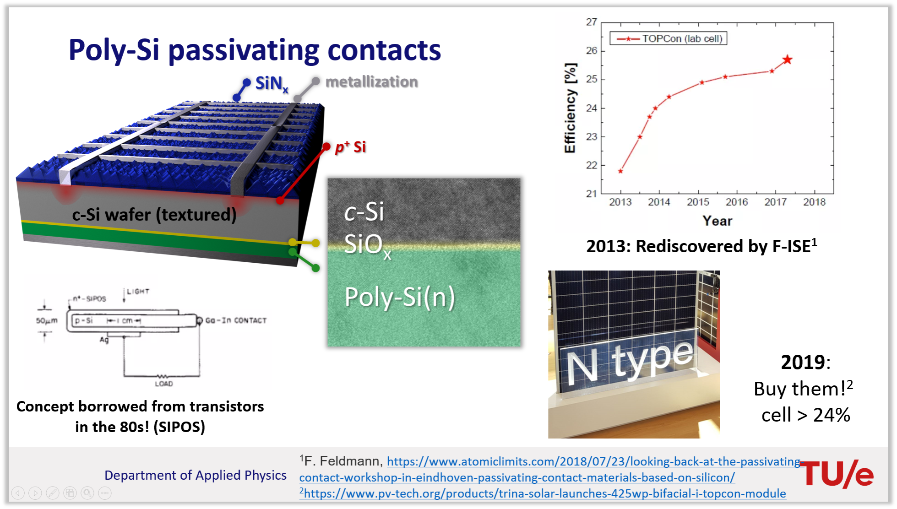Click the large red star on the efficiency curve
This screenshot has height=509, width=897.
(x=787, y=60)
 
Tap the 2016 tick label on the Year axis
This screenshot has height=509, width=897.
(x=737, y=202)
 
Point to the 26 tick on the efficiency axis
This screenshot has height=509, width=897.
(x=592, y=51)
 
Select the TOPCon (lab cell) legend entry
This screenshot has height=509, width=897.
(x=669, y=38)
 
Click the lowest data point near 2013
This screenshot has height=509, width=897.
(x=620, y=171)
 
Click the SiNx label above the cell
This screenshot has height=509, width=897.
(x=272, y=84)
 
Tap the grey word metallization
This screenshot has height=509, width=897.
(x=371, y=82)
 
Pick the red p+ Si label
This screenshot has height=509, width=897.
(x=350, y=147)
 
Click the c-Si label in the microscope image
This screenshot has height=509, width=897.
(x=364, y=212)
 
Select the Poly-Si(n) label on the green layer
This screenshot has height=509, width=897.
(x=400, y=297)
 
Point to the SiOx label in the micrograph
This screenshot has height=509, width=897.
(x=368, y=245)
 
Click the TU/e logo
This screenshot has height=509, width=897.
(x=837, y=474)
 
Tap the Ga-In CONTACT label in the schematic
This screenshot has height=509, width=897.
(x=236, y=320)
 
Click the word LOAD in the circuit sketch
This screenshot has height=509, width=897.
(x=164, y=384)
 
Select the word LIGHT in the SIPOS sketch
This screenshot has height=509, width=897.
(x=138, y=292)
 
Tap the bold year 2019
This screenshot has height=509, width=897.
(x=803, y=363)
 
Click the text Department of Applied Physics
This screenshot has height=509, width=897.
(x=196, y=475)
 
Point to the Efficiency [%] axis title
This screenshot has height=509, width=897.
(x=570, y=108)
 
